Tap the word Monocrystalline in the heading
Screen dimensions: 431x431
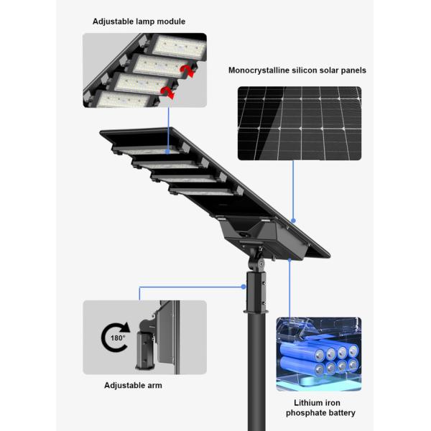point(259,70)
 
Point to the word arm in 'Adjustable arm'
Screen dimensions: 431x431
point(154,385)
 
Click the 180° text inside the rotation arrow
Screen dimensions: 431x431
point(118,338)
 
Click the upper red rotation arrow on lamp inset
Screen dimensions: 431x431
point(187,71)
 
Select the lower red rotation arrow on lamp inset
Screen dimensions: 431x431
point(168,93)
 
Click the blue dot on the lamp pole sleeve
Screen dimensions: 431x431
point(244,287)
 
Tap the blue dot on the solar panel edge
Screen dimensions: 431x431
point(293,221)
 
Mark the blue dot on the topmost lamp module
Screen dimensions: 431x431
point(168,152)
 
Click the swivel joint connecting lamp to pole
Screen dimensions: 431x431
point(257,261)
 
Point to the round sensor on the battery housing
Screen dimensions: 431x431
point(244,234)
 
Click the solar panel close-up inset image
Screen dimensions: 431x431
point(300,124)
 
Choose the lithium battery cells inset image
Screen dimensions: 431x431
point(319,354)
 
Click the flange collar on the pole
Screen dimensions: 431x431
point(256,311)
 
